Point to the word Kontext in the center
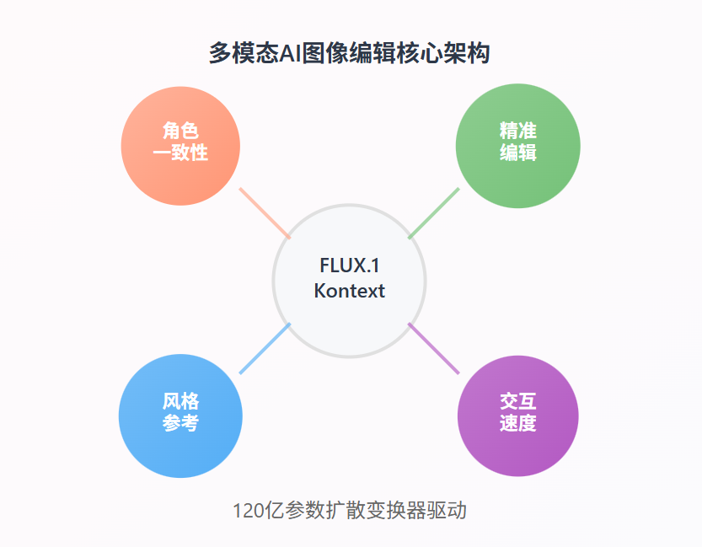349,291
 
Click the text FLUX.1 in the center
349,265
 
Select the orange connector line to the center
265,212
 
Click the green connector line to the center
434,212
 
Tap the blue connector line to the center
265,348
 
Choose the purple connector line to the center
434,348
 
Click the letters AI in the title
291,53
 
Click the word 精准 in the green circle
517,131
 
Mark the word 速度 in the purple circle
517,423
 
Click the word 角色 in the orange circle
180,131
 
